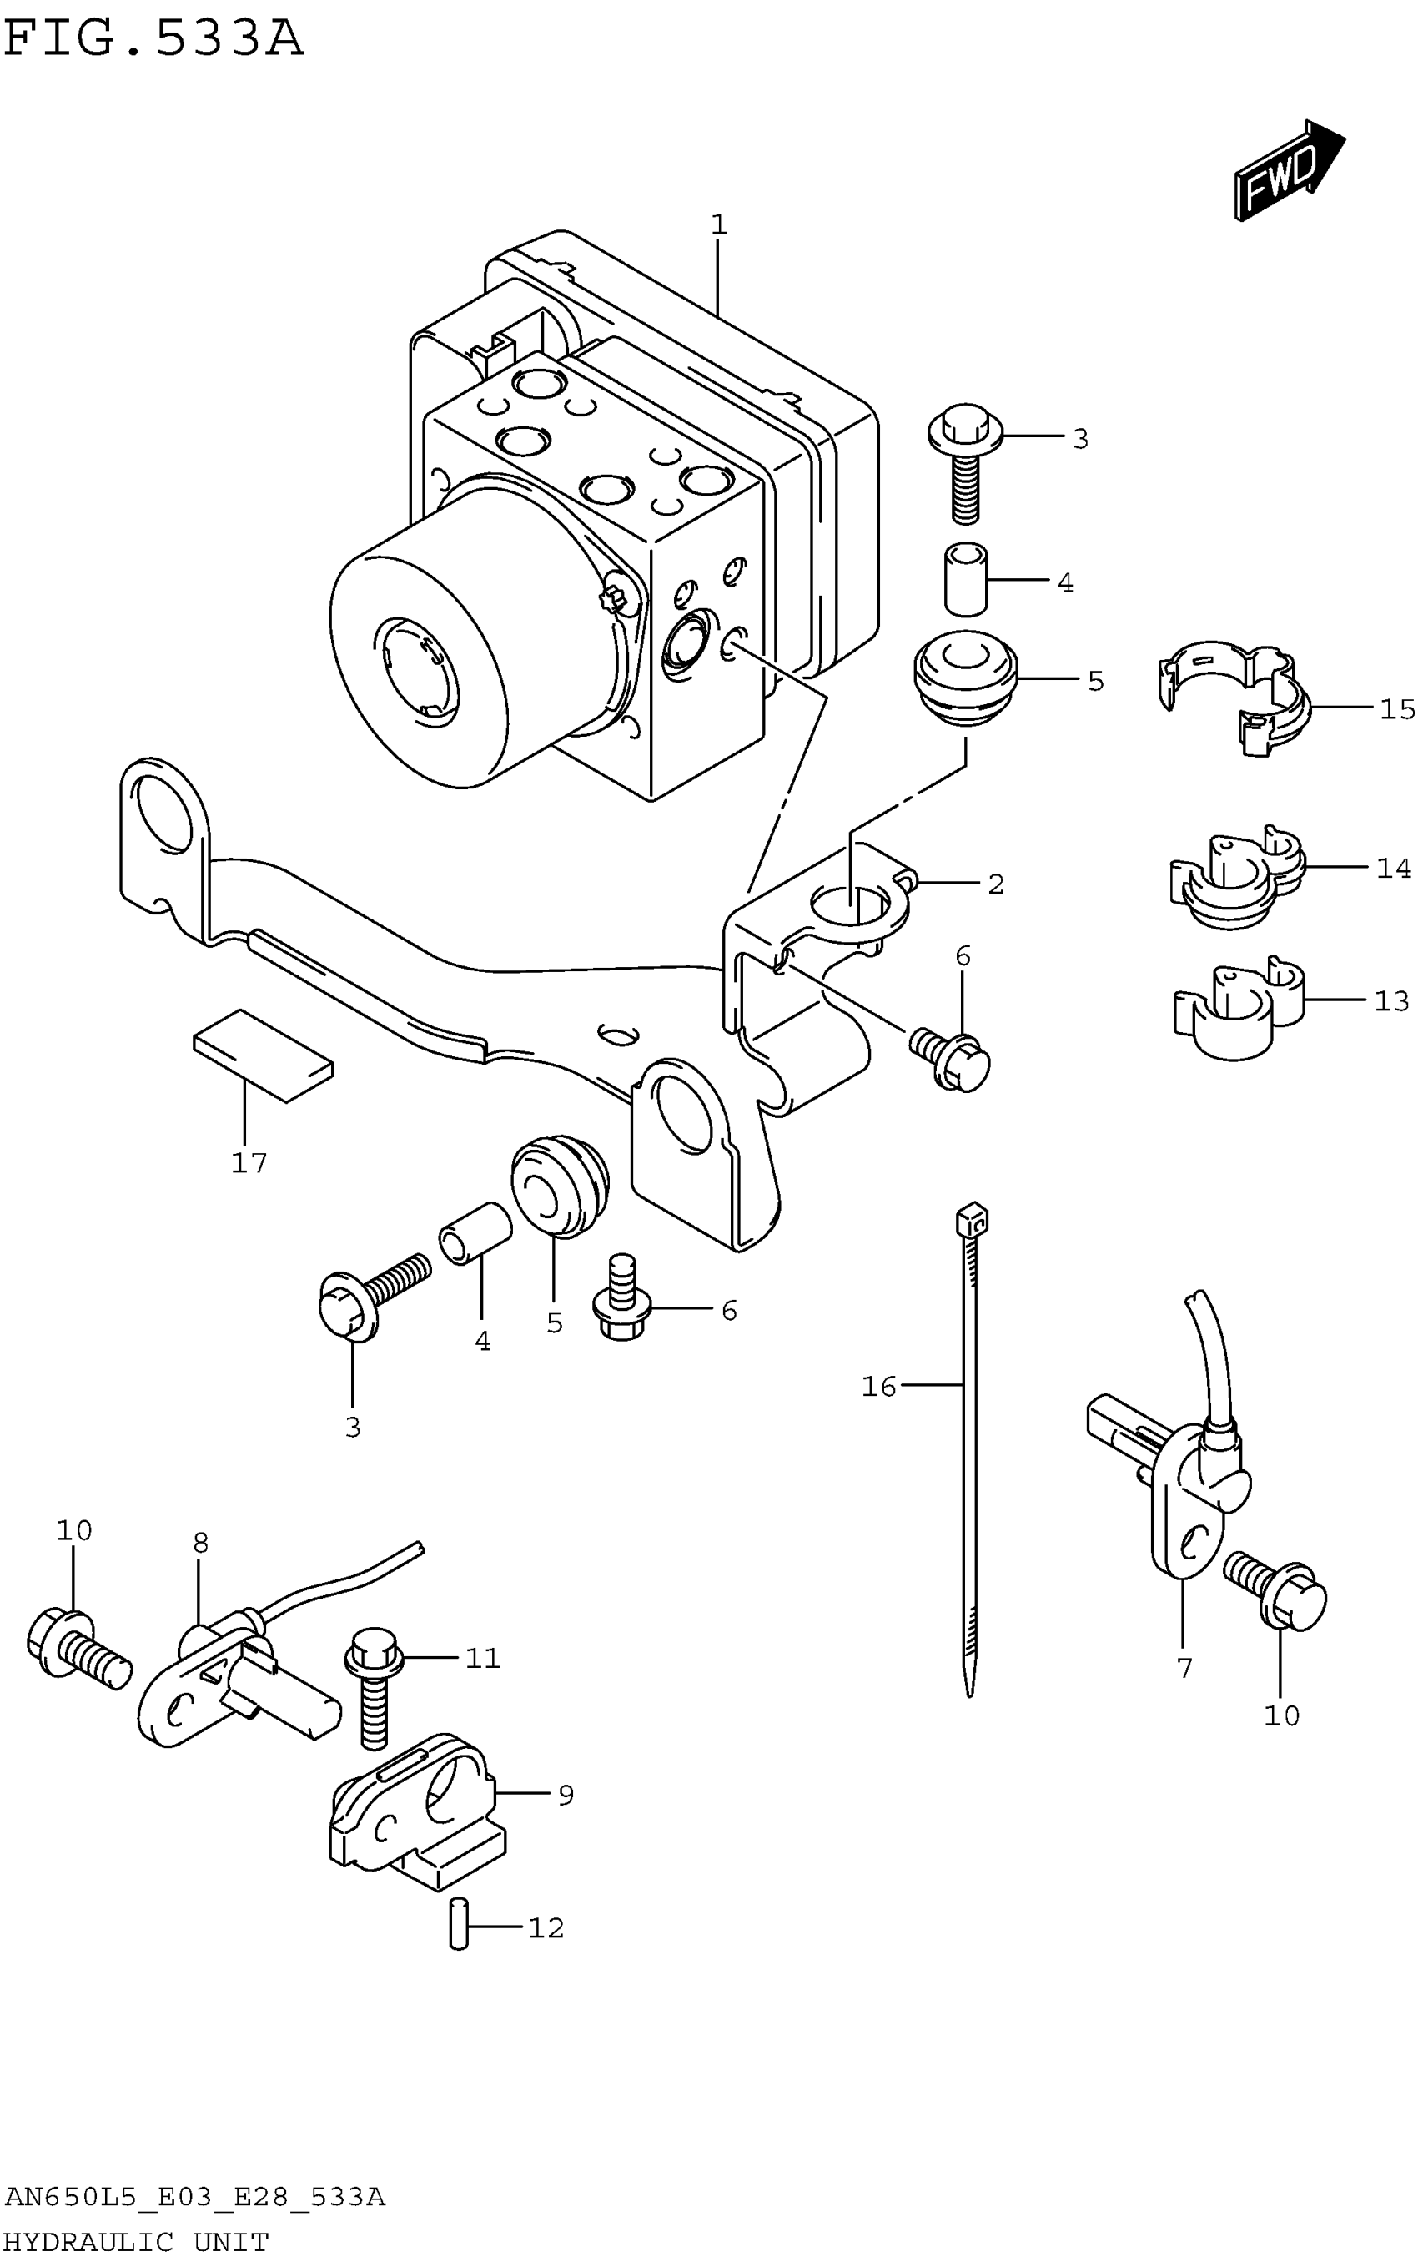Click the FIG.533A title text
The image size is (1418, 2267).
coord(153,39)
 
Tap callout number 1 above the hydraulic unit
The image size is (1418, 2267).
coord(718,225)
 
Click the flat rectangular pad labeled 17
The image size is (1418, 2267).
coord(263,1055)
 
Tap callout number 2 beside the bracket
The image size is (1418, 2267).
coord(996,884)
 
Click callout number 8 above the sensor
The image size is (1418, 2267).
coord(201,1543)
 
